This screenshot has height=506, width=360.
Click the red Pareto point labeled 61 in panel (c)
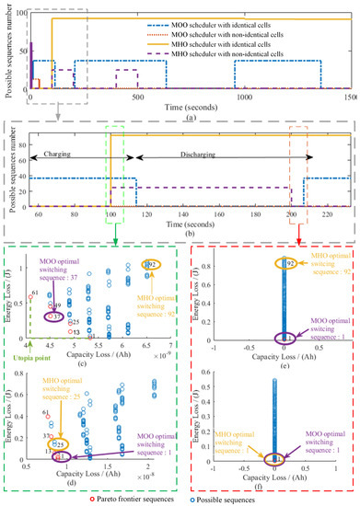pyautogui.click(x=34, y=272)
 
